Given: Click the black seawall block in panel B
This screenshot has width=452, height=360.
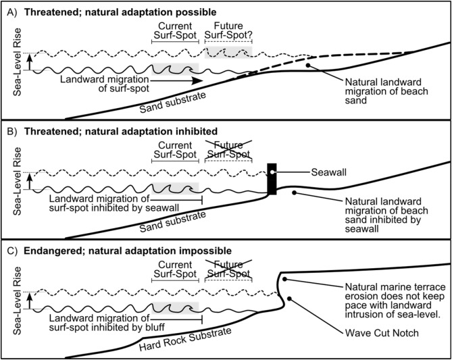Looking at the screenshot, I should pos(272,179).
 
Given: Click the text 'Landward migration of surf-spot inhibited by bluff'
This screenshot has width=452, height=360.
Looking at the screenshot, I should pos(99,323).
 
